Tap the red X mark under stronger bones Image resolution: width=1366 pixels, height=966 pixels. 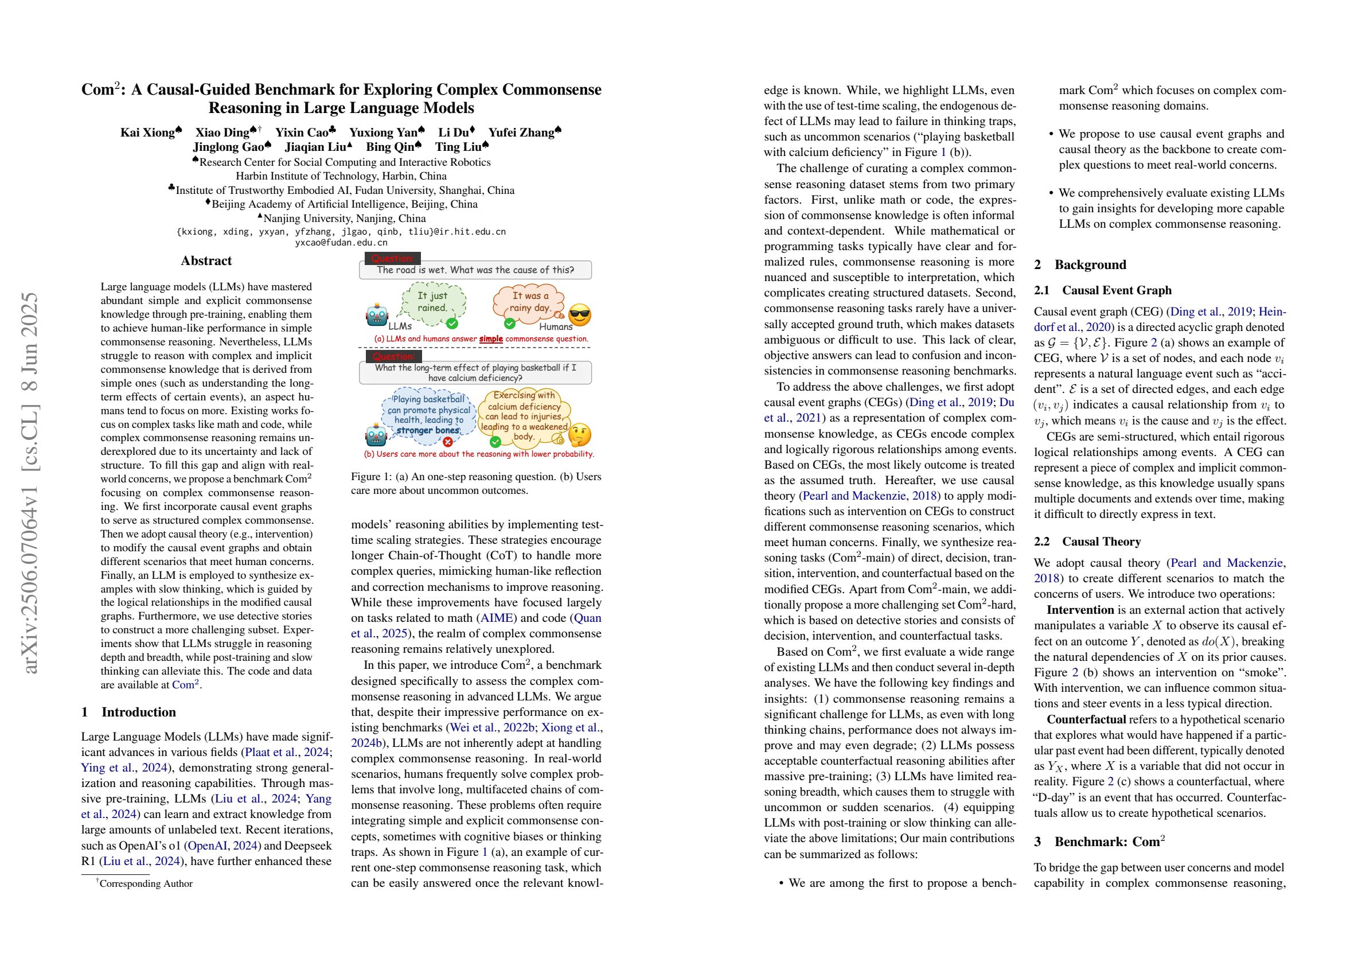(447, 442)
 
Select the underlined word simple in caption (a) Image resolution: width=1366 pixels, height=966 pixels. (491, 338)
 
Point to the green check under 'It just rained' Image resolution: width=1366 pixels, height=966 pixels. (452, 323)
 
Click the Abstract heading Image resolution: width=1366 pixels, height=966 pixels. (206, 260)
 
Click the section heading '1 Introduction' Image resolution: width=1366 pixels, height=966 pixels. (128, 712)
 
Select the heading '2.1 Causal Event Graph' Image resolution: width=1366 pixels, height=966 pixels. (1102, 290)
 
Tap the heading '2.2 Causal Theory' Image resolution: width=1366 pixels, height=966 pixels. (1087, 542)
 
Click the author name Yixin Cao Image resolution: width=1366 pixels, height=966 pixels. (302, 133)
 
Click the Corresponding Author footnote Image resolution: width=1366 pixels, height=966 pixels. (145, 883)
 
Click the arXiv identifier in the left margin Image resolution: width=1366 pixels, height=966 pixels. (32, 482)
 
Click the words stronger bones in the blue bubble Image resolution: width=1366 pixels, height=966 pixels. (428, 430)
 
